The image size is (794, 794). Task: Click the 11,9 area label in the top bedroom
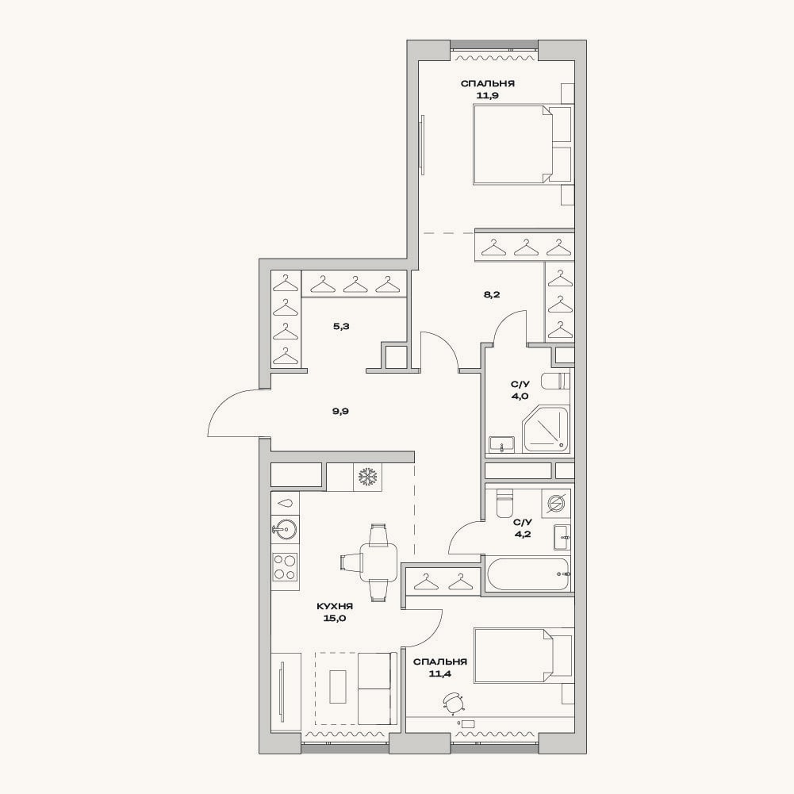tap(488, 95)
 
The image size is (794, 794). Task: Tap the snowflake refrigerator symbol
tap(368, 477)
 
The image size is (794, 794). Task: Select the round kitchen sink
tap(284, 530)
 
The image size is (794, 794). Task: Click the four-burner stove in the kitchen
tap(285, 567)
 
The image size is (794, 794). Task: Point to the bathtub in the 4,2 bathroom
tap(528, 573)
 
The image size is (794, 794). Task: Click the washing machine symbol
tap(555, 504)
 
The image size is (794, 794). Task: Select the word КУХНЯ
tap(335, 606)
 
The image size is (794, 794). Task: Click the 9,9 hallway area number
tap(340, 411)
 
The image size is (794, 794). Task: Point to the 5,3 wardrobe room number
tap(341, 327)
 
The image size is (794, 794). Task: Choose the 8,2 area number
tap(492, 294)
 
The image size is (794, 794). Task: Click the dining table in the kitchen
tap(378, 562)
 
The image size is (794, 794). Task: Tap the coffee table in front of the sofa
tap(338, 687)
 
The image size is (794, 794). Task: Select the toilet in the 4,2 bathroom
tap(505, 502)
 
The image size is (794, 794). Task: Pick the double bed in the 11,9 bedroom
tap(523, 144)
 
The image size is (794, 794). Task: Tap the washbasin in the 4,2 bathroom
tap(562, 538)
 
